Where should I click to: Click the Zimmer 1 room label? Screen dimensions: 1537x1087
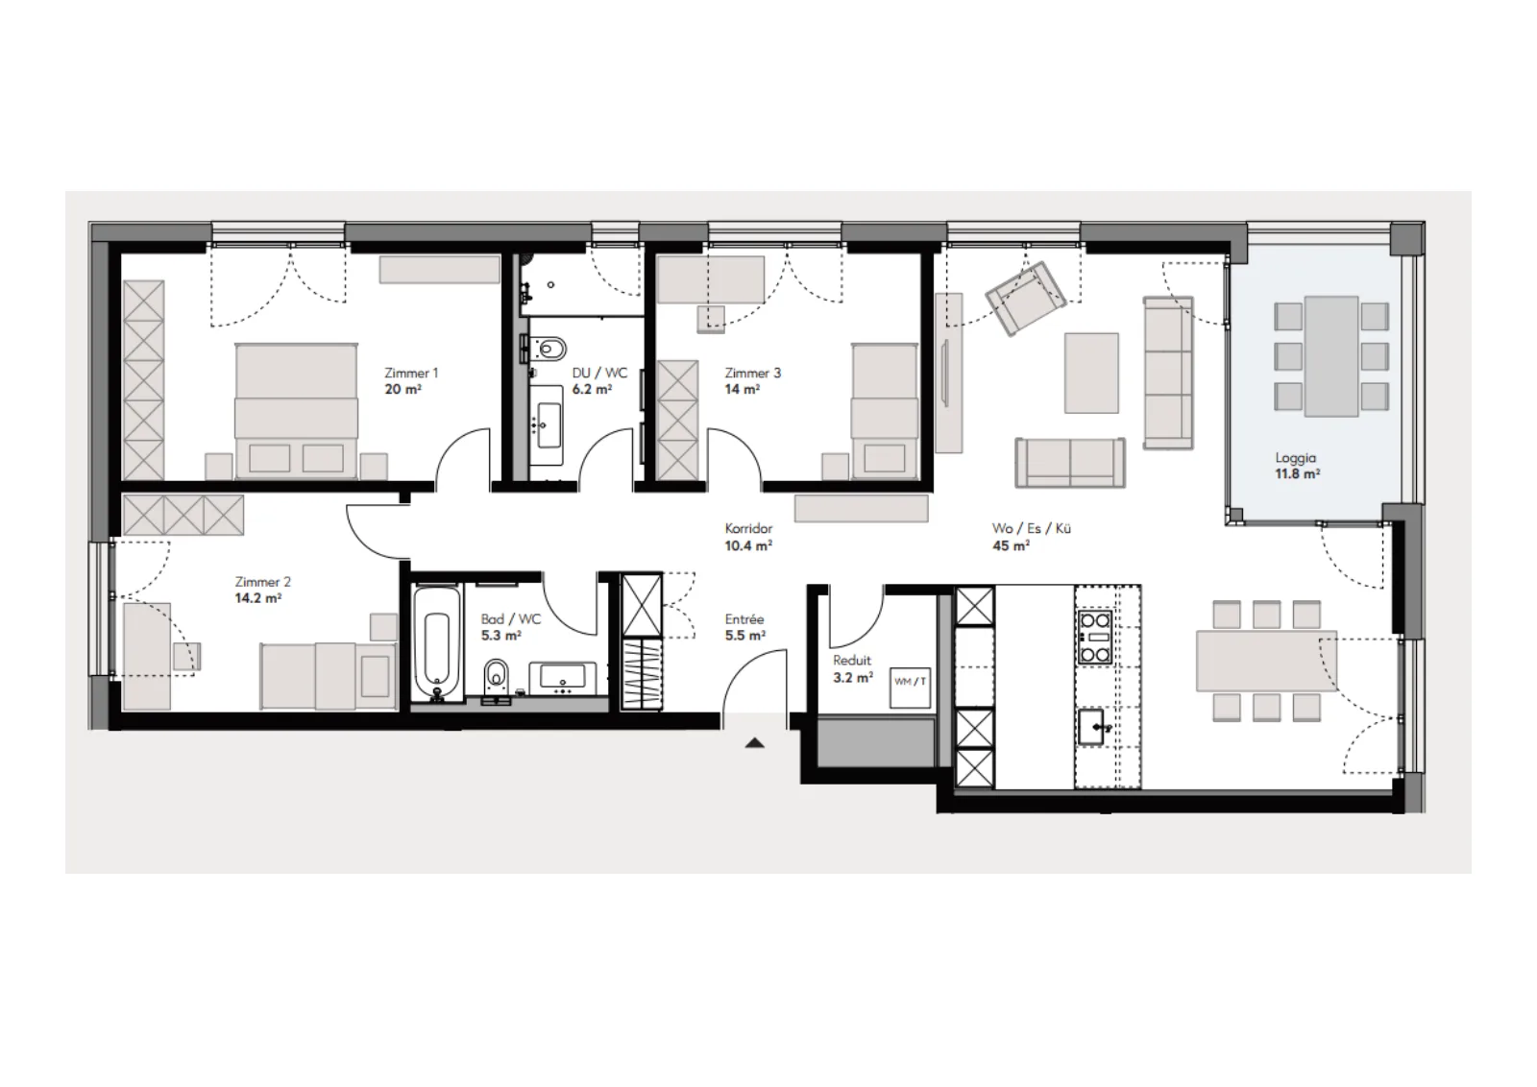tap(411, 374)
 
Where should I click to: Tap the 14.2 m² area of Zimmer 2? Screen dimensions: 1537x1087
tap(258, 598)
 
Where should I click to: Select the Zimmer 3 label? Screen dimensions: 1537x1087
tap(753, 374)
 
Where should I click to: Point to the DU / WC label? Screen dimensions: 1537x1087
tap(599, 374)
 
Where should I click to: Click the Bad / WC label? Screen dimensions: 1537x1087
tap(510, 619)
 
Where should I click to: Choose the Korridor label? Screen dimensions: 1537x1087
tap(748, 529)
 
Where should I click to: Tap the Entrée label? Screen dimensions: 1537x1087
tap(744, 619)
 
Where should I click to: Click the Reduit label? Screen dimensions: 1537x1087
tap(852, 661)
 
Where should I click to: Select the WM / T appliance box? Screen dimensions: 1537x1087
tap(911, 688)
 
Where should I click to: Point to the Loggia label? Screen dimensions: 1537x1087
tap(1296, 457)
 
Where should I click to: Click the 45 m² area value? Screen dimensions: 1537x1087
tap(1011, 545)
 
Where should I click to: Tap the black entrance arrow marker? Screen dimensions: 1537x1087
tap(755, 742)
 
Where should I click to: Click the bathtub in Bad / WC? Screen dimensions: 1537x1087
tap(437, 643)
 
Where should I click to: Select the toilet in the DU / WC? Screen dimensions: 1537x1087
tap(550, 350)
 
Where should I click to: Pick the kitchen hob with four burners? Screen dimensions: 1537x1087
tap(1095, 638)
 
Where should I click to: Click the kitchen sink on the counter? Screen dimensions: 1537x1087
tap(1092, 727)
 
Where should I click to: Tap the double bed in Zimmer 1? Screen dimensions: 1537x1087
tap(296, 411)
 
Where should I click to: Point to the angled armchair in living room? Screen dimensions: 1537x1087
tap(1026, 299)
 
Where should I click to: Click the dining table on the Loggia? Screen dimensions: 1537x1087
tap(1331, 356)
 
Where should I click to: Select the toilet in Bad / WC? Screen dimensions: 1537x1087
tap(496, 678)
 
